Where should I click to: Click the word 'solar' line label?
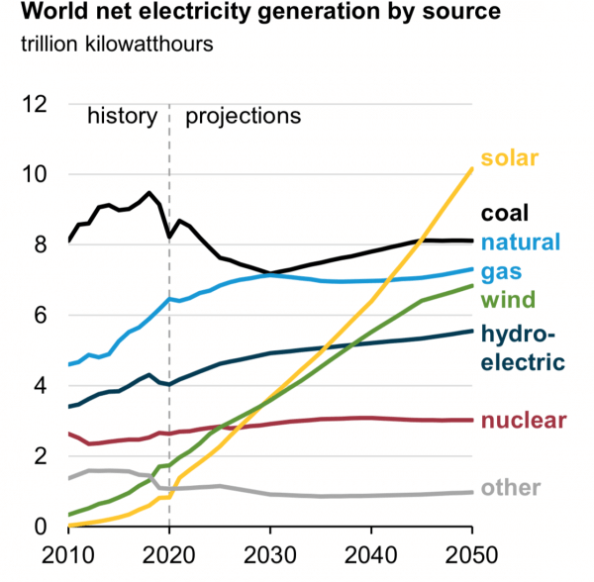point(509,156)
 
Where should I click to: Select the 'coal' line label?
point(505,212)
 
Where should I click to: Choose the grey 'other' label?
point(511,488)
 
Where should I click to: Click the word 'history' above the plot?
point(122,116)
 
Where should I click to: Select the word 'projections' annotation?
point(243,116)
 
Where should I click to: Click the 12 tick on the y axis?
point(36,104)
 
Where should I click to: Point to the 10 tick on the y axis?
point(36,174)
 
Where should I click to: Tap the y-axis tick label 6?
point(42,316)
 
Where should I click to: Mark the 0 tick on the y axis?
point(42,527)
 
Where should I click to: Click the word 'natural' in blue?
point(521,242)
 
